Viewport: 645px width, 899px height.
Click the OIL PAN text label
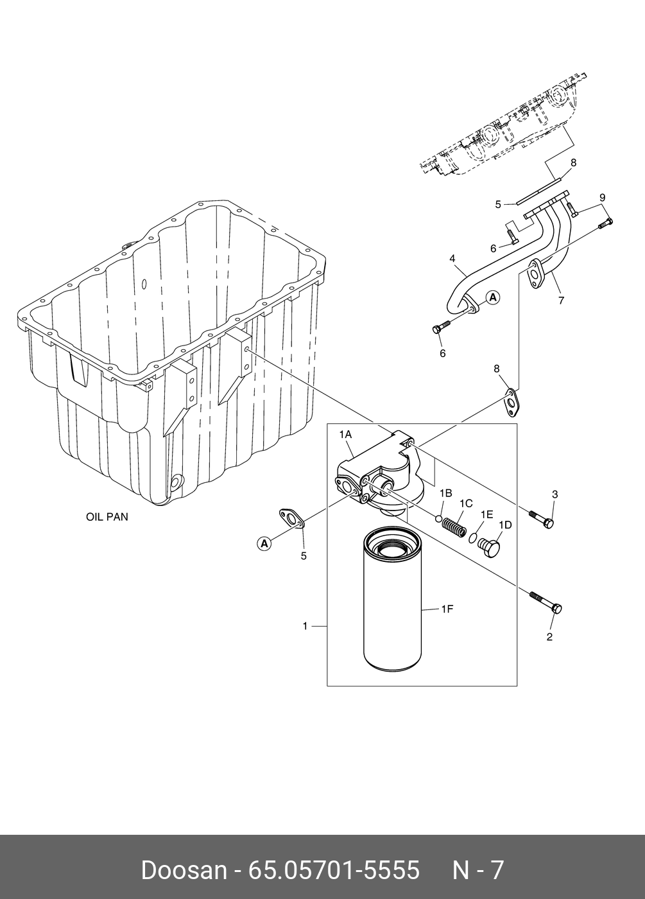click(107, 516)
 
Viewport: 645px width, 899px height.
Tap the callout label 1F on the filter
click(447, 609)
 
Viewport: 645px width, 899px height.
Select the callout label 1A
click(345, 435)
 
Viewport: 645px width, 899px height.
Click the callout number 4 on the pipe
click(452, 259)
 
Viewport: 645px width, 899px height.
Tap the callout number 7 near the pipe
click(561, 300)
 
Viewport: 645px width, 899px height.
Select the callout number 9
click(603, 197)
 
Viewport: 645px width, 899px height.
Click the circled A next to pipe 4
click(492, 297)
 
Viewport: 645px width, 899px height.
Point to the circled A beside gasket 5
click(263, 543)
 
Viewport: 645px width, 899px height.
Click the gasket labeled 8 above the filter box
click(512, 401)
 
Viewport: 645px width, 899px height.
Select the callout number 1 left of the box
click(305, 625)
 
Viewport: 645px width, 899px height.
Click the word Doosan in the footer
click(184, 870)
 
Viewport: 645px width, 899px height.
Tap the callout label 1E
click(487, 514)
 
